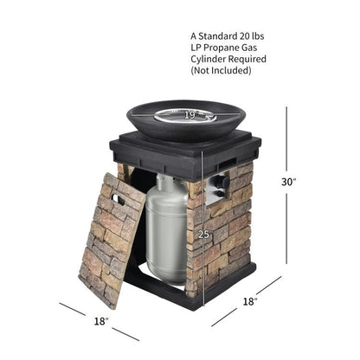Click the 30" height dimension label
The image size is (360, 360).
click(x=289, y=182)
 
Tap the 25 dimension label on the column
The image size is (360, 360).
click(x=203, y=235)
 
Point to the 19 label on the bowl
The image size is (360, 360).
click(x=190, y=115)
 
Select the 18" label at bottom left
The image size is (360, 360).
click(x=101, y=321)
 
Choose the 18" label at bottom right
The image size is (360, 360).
click(x=250, y=301)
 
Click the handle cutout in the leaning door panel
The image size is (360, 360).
click(x=118, y=200)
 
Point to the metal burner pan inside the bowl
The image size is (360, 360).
click(x=185, y=115)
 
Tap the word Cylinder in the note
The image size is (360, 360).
click(x=209, y=59)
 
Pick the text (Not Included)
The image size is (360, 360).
click(x=221, y=70)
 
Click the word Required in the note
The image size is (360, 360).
click(x=247, y=59)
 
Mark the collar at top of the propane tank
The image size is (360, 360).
click(x=167, y=181)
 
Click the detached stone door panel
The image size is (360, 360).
click(x=112, y=241)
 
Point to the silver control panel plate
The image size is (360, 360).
click(x=217, y=188)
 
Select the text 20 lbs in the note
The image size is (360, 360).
click(x=252, y=36)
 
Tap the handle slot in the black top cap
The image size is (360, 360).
click(x=227, y=164)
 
